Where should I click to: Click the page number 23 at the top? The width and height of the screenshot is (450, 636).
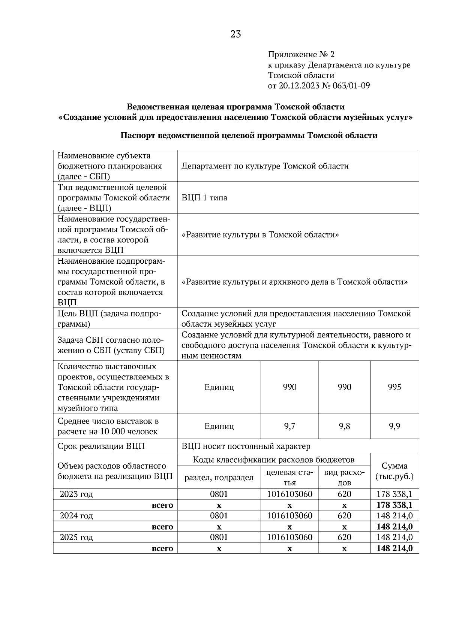[236, 34]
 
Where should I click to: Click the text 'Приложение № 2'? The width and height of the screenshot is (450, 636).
[301, 55]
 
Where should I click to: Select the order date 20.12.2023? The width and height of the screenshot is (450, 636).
[298, 86]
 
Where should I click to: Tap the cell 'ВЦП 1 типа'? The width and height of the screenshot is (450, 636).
[204, 198]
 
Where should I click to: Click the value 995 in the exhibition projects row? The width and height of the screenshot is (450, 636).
[394, 387]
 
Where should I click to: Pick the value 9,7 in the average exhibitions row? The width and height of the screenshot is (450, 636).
[289, 426]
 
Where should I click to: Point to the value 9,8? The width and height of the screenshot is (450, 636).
[344, 426]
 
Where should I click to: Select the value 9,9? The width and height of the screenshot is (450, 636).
[394, 426]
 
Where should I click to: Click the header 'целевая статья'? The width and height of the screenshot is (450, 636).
[289, 478]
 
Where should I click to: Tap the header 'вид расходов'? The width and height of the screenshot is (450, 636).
[344, 478]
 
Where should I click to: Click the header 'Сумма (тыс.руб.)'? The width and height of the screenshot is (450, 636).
[394, 471]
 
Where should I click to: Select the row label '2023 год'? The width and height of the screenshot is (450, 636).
[76, 494]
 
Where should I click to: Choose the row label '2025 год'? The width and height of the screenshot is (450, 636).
[76, 537]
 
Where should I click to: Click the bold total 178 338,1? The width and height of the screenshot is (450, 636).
[394, 505]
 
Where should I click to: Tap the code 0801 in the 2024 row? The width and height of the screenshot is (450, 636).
[219, 516]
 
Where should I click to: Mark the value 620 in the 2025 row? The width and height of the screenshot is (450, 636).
[344, 537]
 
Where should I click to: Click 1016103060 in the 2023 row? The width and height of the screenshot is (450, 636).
[289, 494]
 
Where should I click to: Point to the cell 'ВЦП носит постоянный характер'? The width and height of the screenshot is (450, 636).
[246, 446]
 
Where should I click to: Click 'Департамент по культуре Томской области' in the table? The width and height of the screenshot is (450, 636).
[265, 166]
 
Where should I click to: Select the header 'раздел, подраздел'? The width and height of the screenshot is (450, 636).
[219, 478]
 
